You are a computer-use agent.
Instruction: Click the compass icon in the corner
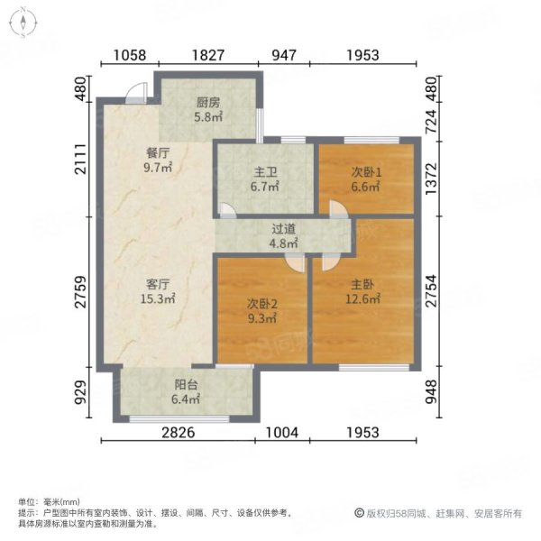point(21,22)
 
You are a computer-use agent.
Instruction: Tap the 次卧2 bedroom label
point(261,304)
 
